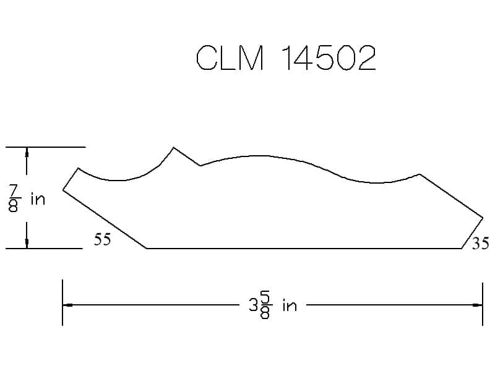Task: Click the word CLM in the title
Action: tap(230, 58)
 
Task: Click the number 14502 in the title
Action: tap(329, 58)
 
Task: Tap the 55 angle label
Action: tap(102, 239)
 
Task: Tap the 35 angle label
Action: tap(481, 243)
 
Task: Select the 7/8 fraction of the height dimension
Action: tap(14, 198)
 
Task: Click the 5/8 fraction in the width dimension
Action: tap(265, 305)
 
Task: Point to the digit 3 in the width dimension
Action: tap(253, 305)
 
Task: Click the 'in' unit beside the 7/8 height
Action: tap(38, 199)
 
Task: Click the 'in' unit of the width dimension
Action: tap(290, 305)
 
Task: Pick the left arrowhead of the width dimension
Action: tap(67, 305)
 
